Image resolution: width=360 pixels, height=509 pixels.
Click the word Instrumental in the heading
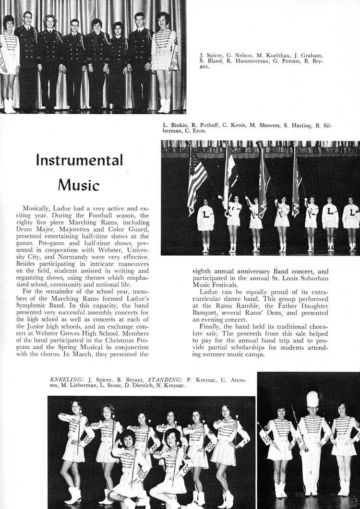(x=79, y=160)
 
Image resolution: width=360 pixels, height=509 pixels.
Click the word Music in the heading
(x=79, y=184)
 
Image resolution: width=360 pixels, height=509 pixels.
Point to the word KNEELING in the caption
(x=66, y=379)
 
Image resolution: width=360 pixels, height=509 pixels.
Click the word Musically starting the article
(x=38, y=208)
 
